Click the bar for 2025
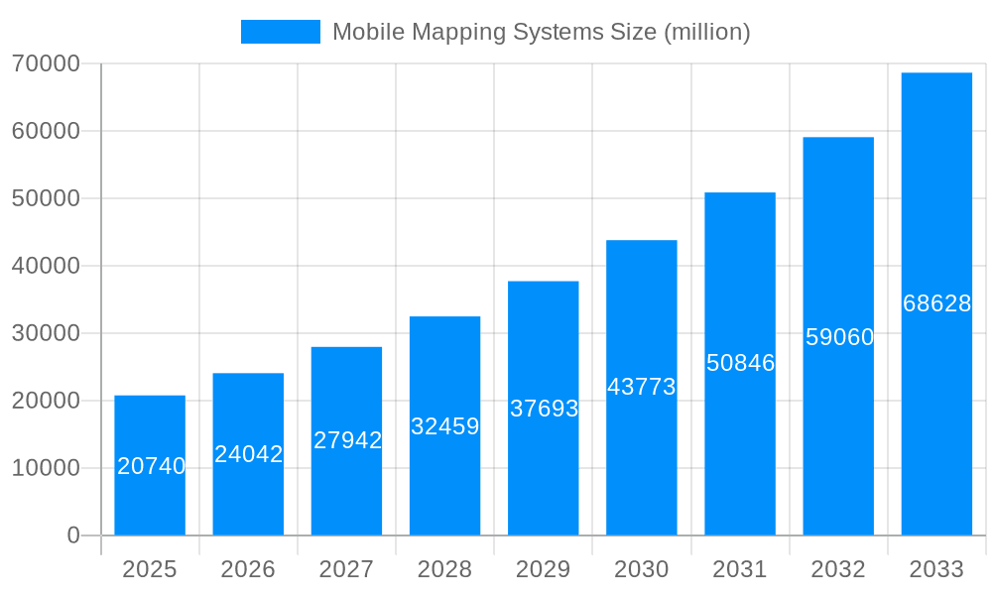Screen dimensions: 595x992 pyautogui.click(x=150, y=496)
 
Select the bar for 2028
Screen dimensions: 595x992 pyautogui.click(x=444, y=476)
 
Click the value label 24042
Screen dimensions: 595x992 pyautogui.click(x=249, y=454)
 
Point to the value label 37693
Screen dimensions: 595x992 pyautogui.click(x=544, y=409)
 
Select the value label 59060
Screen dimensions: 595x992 pyautogui.click(x=839, y=337)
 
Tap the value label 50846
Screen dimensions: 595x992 pyautogui.click(x=740, y=363)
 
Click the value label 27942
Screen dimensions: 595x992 pyautogui.click(x=347, y=440)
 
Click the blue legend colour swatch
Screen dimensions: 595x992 pyautogui.click(x=281, y=32)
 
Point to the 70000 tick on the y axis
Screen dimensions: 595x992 pyautogui.click(x=46, y=63)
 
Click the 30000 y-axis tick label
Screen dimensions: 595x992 pyautogui.click(x=46, y=333)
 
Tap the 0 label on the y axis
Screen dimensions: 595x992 pyautogui.click(x=73, y=535)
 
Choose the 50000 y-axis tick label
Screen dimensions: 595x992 pyautogui.click(x=46, y=198)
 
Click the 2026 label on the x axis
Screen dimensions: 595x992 pyautogui.click(x=248, y=569)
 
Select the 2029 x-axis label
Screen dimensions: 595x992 pyautogui.click(x=544, y=569)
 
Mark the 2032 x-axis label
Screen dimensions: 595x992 pyautogui.click(x=838, y=569)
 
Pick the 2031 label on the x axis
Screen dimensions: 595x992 pyautogui.click(x=740, y=569)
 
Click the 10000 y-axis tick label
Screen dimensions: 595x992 pyautogui.click(x=46, y=468)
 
